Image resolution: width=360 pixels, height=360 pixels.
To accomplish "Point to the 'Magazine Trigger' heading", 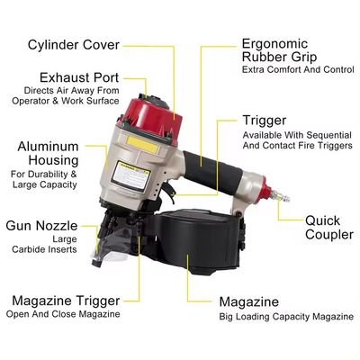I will tap(66, 300).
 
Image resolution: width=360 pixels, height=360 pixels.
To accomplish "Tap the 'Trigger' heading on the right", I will tap(265, 120).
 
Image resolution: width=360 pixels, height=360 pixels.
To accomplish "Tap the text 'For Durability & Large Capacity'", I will tap(44, 178).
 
